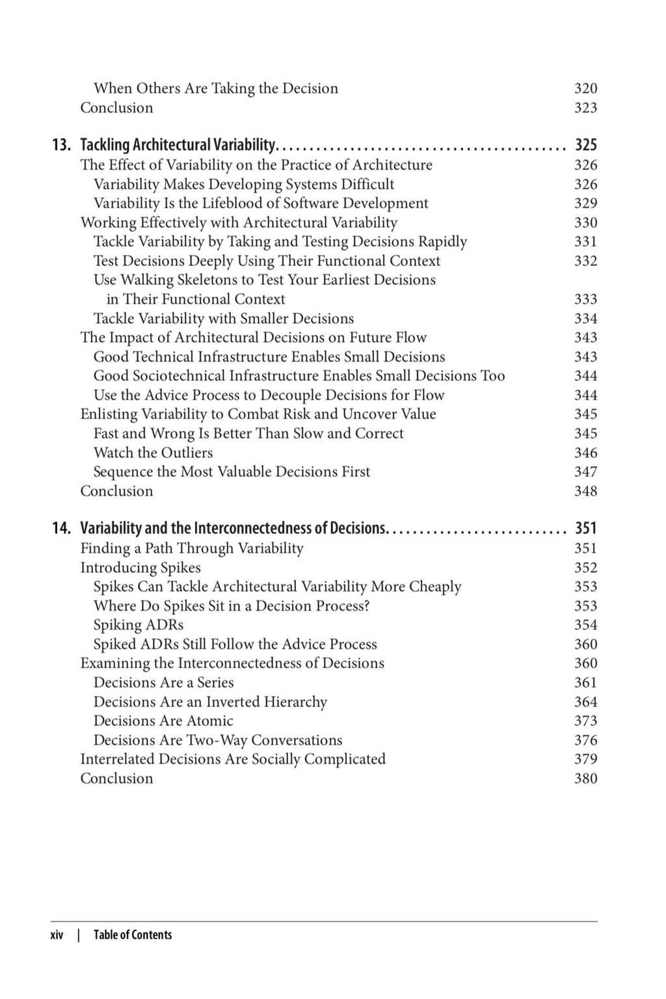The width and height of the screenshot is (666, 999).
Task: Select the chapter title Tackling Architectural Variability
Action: [x=178, y=145]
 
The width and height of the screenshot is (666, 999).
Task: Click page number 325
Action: [x=585, y=145]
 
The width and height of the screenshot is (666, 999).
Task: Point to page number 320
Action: [x=585, y=88]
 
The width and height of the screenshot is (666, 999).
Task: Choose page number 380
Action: [x=585, y=779]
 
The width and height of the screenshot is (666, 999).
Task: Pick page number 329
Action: [x=585, y=204]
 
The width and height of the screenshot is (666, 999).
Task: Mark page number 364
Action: [x=585, y=702]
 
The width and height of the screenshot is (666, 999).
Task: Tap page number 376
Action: [x=585, y=740]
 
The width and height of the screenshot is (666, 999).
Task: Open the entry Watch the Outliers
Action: [x=153, y=453]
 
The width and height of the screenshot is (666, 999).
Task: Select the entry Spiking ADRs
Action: [x=139, y=625]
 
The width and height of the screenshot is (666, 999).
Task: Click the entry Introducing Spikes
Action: [x=140, y=568]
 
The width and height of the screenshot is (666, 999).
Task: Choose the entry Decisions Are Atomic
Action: [x=163, y=721]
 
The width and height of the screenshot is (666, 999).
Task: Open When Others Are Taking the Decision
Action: [x=216, y=88]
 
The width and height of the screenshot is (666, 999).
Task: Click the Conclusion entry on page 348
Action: [x=116, y=491]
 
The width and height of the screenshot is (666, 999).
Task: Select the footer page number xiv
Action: [x=57, y=935]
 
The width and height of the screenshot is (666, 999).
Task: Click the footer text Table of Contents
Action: [x=133, y=935]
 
